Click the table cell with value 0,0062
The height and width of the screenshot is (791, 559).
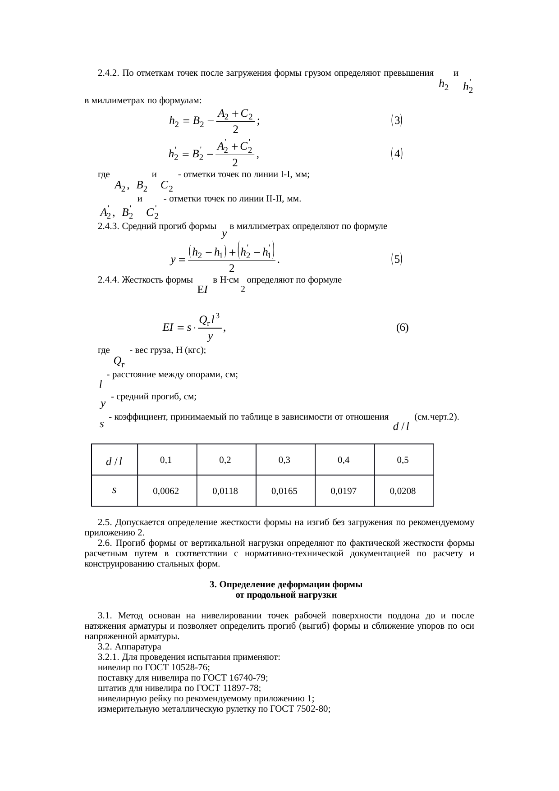point(166,491)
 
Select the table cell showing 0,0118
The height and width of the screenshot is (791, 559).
point(225,491)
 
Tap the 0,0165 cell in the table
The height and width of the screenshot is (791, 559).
point(284,491)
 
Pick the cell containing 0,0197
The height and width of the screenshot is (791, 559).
point(344,491)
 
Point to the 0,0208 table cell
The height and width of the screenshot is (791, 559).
point(403,491)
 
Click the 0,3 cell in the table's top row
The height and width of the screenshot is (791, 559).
point(284,460)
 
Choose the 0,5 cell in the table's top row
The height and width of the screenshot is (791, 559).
point(403,460)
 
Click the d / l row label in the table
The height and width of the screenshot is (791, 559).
point(114,461)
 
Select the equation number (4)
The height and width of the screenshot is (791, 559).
point(396,154)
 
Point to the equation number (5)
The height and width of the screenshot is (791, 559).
point(396,259)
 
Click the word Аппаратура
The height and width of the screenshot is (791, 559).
point(135,646)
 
